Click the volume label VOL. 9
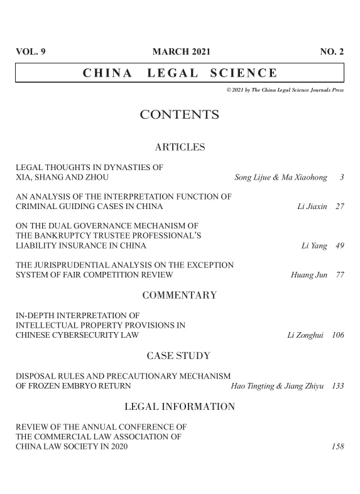pos(30,52)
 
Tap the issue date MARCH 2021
pos(182,52)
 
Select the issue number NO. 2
pos(332,52)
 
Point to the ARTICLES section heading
pos(180,148)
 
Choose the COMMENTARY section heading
pos(180,295)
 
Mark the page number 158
pos(337,448)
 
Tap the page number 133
pos(337,385)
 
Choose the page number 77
pos(339,275)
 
